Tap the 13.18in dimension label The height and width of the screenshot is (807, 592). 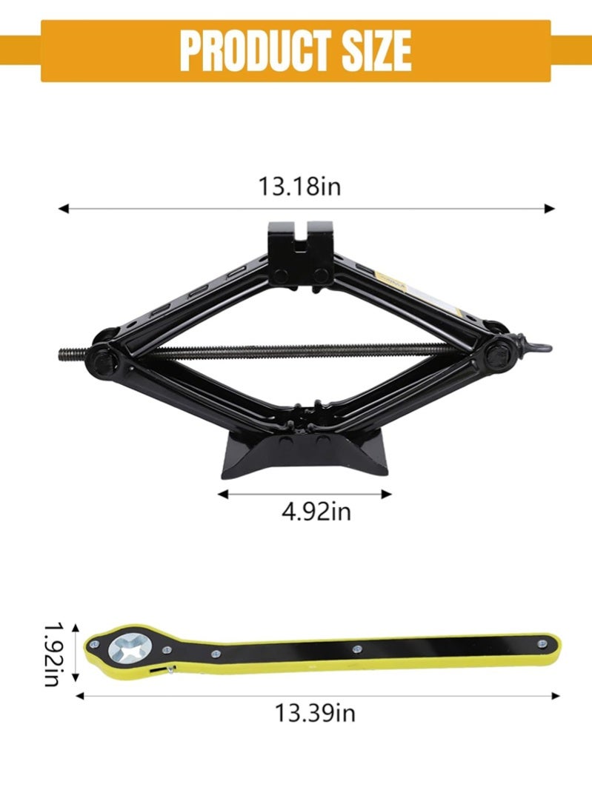pyautogui.click(x=299, y=186)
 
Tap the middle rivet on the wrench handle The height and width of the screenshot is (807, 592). pyautogui.click(x=357, y=649)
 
